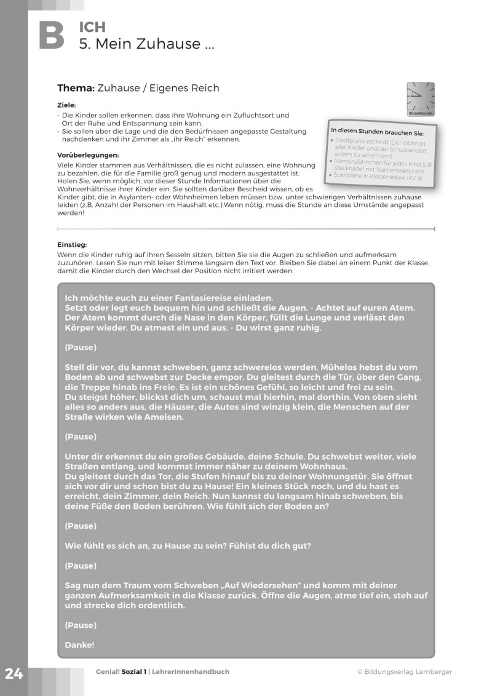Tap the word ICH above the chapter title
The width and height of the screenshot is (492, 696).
(92, 27)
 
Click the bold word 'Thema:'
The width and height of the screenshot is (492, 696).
(76, 88)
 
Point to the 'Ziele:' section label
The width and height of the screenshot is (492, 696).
(66, 105)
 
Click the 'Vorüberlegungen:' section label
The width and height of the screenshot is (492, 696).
(88, 155)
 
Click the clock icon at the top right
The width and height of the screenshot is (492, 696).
(421, 98)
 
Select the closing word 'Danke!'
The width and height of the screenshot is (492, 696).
(79, 645)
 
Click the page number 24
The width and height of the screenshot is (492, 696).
(14, 674)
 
